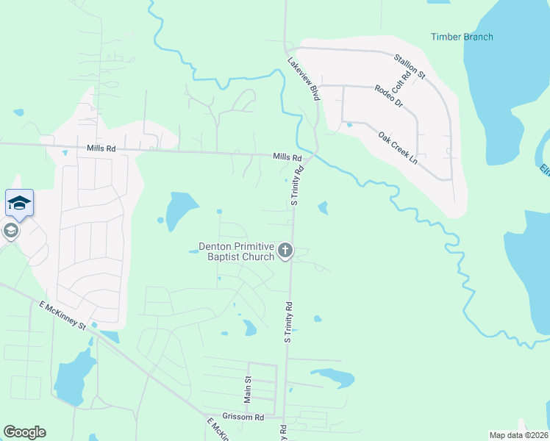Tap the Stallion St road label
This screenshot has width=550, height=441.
click(410, 65)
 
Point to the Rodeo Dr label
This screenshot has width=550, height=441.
click(389, 96)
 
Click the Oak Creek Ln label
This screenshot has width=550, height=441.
click(398, 147)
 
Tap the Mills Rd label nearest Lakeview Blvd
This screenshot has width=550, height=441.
click(287, 157)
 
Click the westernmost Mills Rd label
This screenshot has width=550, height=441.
click(101, 148)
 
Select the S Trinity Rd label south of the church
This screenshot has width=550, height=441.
click(289, 321)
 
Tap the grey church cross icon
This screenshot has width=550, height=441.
click(285, 251)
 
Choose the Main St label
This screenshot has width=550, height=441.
click(248, 389)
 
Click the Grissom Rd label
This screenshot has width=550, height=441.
click(244, 417)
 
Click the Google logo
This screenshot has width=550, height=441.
click(24, 432)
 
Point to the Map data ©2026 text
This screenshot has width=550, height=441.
click(518, 435)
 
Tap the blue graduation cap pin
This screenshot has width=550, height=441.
click(19, 203)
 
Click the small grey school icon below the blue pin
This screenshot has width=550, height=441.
click(10, 231)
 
